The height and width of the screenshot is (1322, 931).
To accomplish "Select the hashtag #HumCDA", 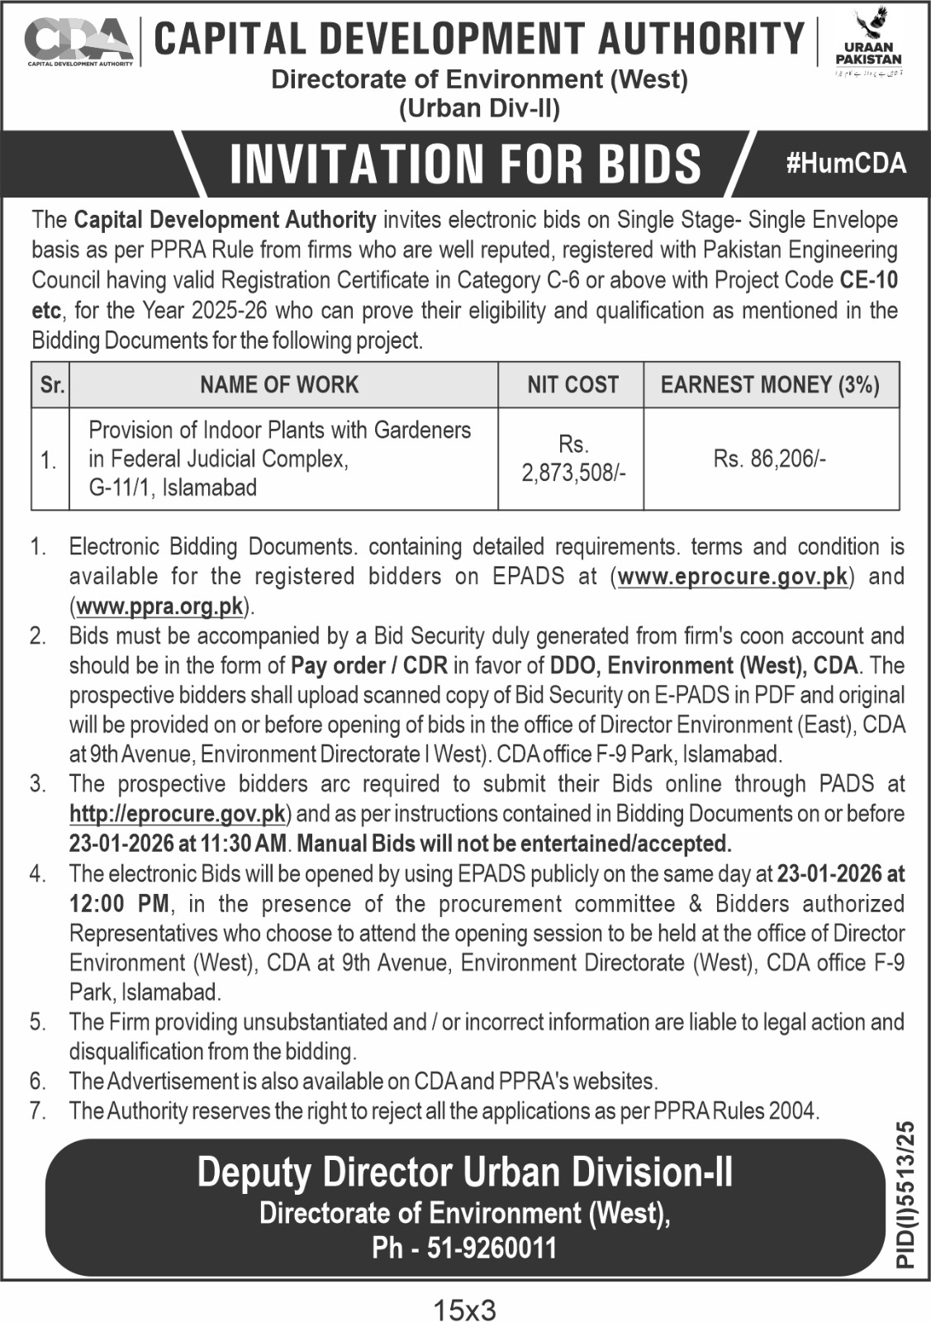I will tap(846, 163).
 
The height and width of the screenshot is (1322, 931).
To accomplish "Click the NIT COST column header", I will tap(572, 384).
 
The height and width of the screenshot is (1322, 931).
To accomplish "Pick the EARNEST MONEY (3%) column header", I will tap(770, 384).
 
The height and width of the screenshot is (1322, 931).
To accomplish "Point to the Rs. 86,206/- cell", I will tap(770, 459).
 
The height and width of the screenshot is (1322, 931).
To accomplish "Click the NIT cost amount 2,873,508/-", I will tap(573, 473).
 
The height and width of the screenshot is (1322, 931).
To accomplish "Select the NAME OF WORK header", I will tap(279, 384).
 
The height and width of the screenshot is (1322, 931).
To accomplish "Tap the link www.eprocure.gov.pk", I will tap(733, 576).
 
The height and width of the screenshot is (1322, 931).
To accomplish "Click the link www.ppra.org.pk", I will tap(160, 606).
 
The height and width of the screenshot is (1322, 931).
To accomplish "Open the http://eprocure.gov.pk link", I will tap(178, 814).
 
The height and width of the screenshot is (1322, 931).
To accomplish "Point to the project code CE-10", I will tap(868, 280).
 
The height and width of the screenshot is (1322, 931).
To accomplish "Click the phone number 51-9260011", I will tap(492, 1248).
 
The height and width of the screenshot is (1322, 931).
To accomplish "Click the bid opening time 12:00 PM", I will tap(119, 903).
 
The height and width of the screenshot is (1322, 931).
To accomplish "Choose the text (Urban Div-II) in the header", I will tap(479, 108).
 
